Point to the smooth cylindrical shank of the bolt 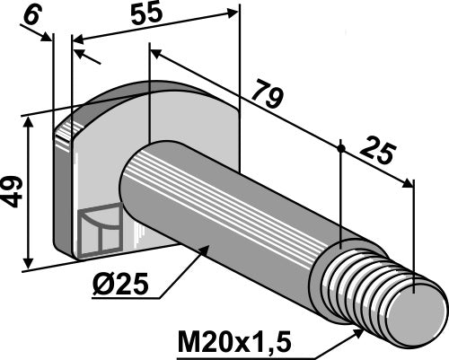pos(233,206)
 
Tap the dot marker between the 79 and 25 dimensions pos(341,145)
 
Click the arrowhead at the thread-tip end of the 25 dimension pos(410,183)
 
